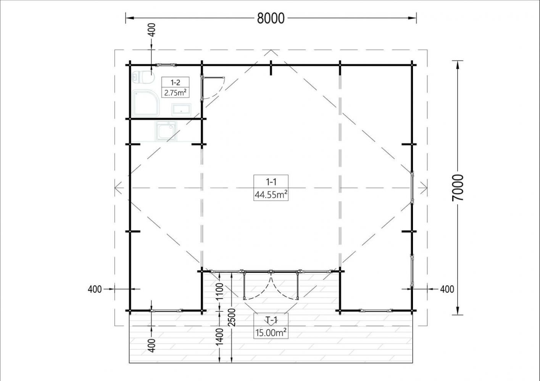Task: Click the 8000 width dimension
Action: click(x=271, y=18)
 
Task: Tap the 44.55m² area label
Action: click(x=271, y=194)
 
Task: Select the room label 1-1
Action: click(x=271, y=182)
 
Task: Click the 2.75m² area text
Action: click(x=175, y=93)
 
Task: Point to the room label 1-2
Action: click(x=175, y=83)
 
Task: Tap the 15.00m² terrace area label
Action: click(x=271, y=333)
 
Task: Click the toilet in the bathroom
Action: click(x=143, y=77)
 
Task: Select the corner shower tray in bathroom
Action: click(x=146, y=103)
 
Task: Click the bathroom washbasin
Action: click(x=181, y=110)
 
